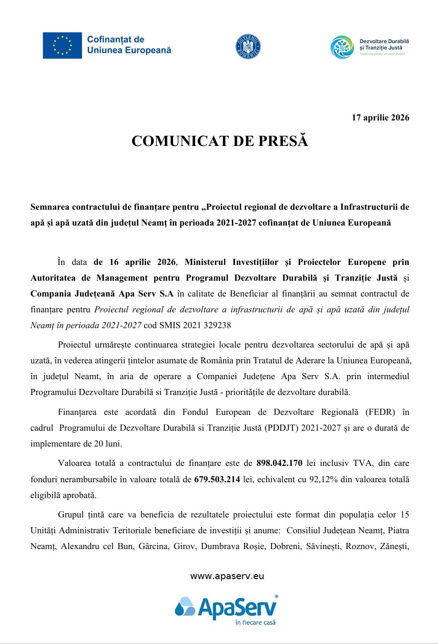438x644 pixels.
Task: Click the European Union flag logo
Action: coord(62,45)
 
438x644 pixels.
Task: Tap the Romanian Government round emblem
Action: coord(248,46)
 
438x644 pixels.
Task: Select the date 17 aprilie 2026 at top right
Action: coord(380,118)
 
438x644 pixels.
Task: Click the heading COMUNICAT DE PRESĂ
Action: coord(220,141)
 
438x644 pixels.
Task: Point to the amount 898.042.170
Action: coord(279,463)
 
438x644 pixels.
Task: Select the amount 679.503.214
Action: coord(217,479)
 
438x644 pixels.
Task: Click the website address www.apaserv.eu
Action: coord(227,576)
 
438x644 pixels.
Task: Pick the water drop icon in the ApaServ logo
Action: coord(184,607)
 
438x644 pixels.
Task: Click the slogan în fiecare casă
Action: coord(255,623)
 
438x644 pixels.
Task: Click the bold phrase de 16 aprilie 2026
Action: coord(135,262)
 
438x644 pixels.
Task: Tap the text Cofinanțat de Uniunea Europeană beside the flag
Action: coord(129,45)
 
